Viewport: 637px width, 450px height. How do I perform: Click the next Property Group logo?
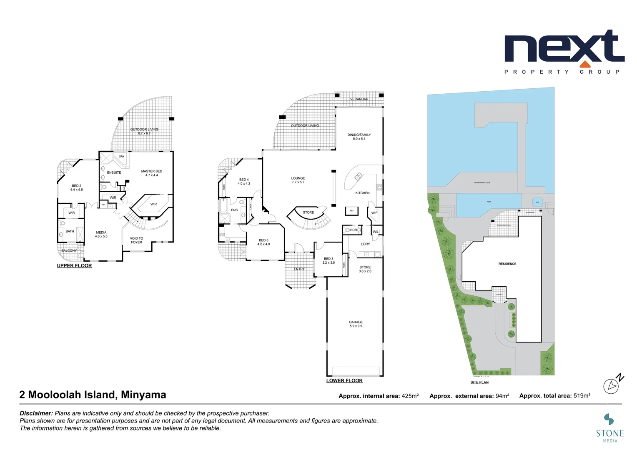point(564,52)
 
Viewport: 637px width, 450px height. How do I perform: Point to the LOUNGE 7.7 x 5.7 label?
point(298,180)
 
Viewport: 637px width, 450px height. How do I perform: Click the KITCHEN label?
point(362,193)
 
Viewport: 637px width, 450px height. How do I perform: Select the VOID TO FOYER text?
point(136,240)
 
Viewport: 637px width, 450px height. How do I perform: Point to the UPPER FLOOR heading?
point(74,266)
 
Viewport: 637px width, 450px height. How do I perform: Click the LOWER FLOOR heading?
point(344,381)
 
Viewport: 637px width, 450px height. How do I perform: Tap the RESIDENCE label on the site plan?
point(507,264)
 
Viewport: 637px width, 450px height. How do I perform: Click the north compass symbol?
point(612,385)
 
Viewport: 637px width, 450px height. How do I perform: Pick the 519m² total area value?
point(582,396)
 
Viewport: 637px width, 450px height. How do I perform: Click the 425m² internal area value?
point(410,396)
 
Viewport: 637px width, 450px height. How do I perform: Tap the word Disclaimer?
point(36,413)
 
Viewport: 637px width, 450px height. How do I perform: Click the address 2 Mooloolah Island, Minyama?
point(93,395)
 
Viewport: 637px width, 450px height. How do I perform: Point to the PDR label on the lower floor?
point(353,230)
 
